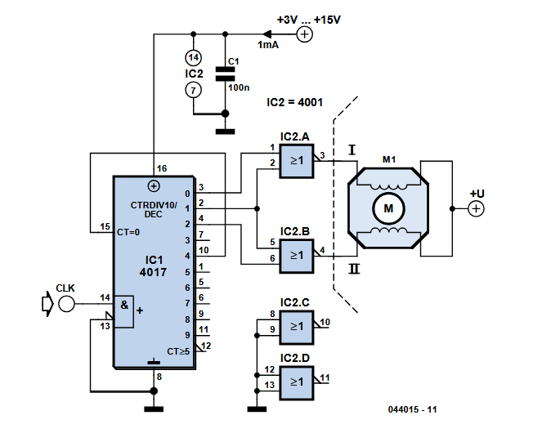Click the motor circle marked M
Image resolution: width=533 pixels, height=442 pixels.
388,210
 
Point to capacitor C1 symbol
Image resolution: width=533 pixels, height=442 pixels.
224,75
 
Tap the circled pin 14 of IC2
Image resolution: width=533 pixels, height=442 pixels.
192,58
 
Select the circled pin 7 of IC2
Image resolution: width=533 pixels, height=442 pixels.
192,90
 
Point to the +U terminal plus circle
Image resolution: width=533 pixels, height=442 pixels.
476,209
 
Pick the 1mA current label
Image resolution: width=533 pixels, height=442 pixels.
268,46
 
